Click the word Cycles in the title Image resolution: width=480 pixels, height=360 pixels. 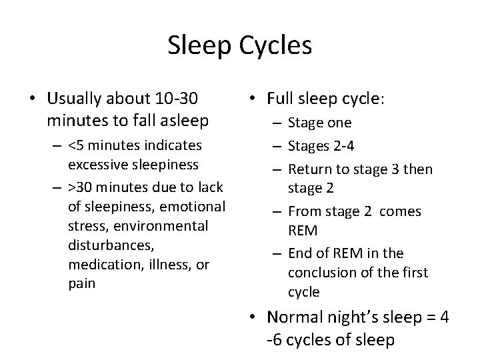coord(275,46)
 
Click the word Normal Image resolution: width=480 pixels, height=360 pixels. coord(296,317)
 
